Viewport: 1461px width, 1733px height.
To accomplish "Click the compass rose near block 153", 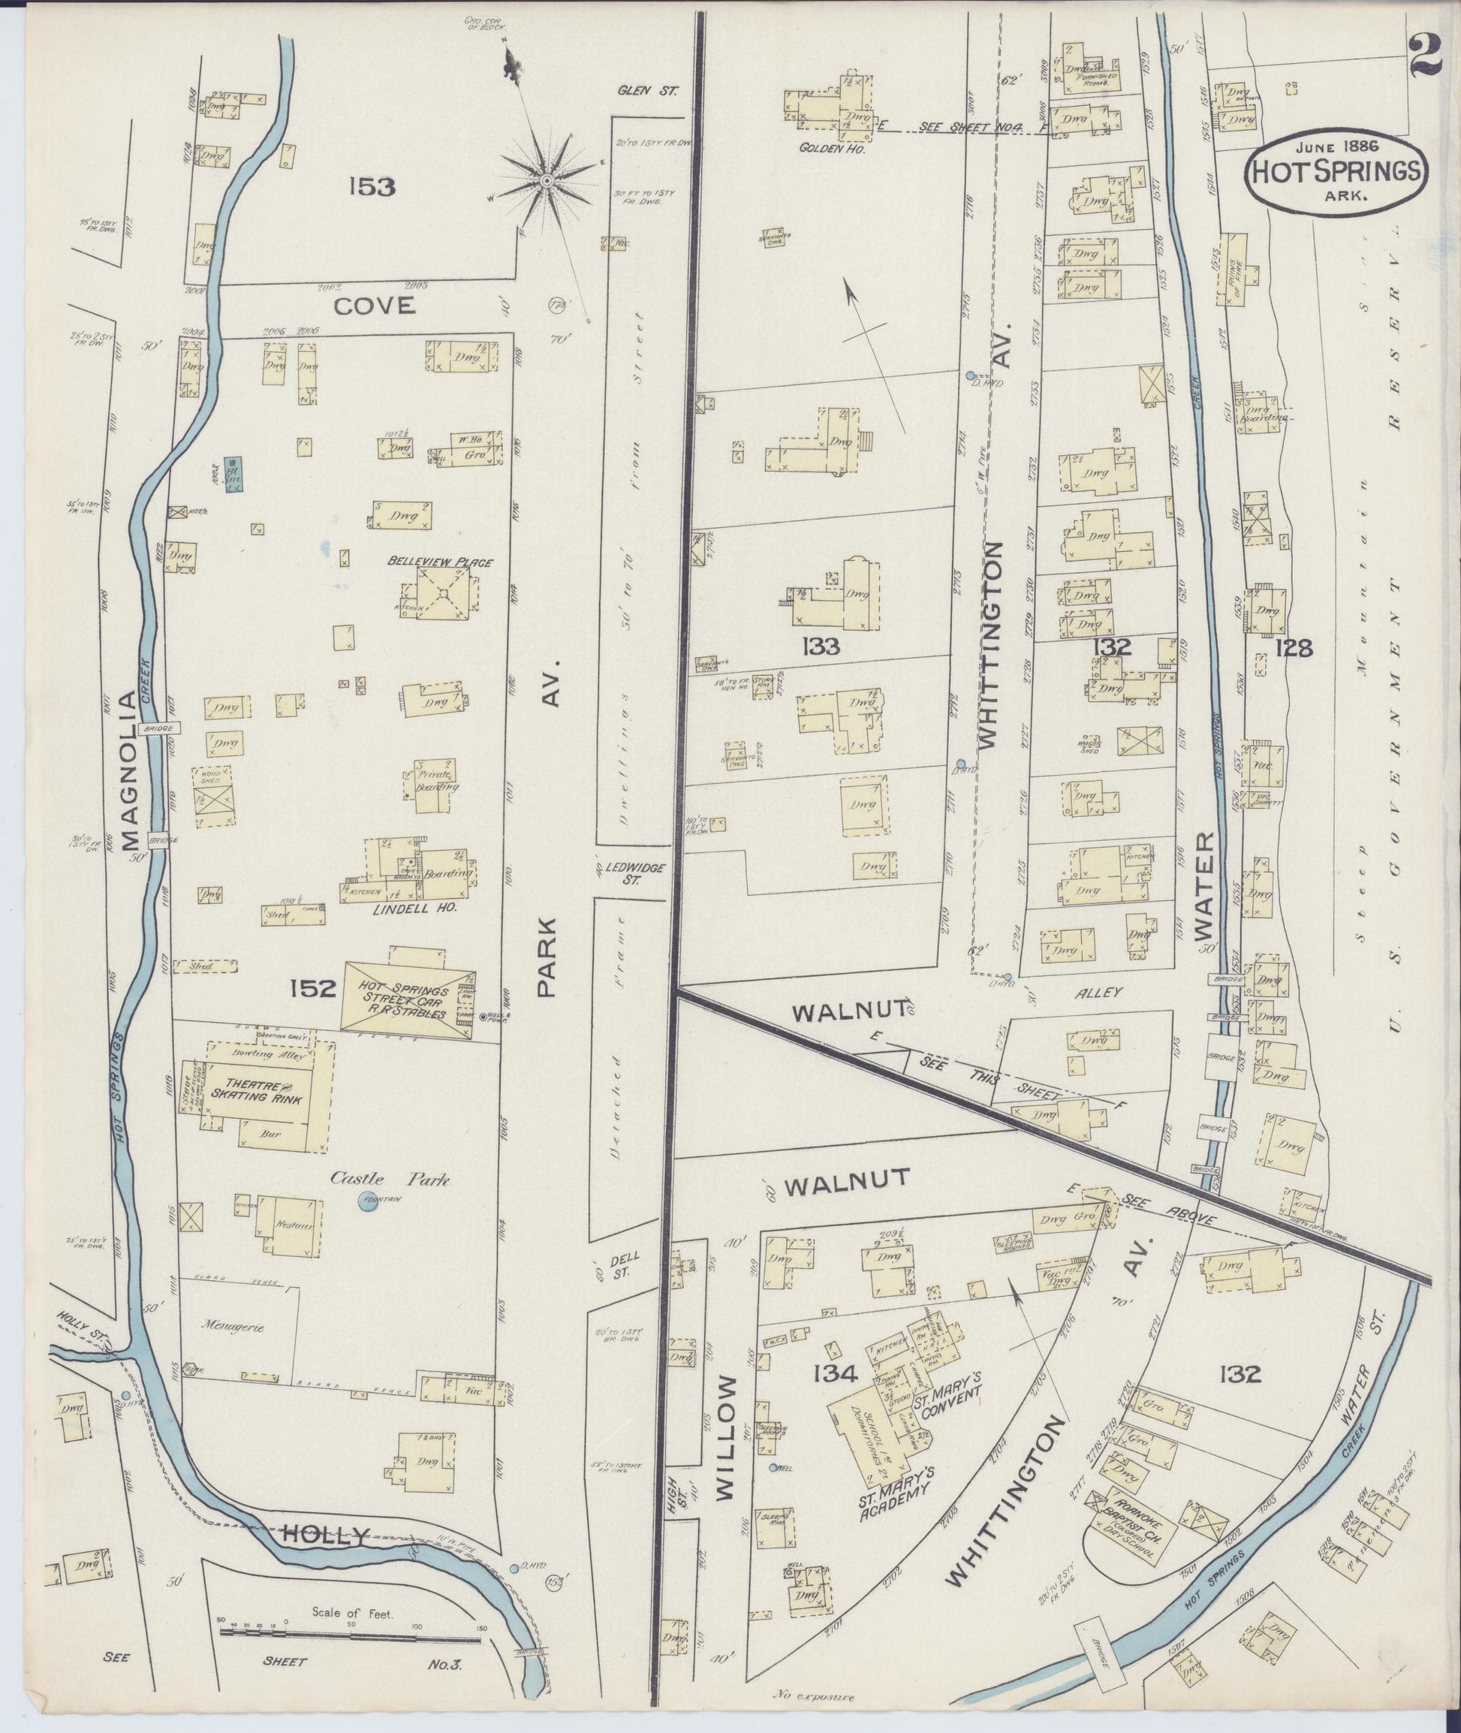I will (547, 179).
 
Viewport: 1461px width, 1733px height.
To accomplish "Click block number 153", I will (370, 187).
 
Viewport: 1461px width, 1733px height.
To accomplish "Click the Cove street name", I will (374, 306).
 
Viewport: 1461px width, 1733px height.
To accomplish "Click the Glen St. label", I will (647, 92).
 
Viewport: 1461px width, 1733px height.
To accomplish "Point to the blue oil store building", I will (233, 475).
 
